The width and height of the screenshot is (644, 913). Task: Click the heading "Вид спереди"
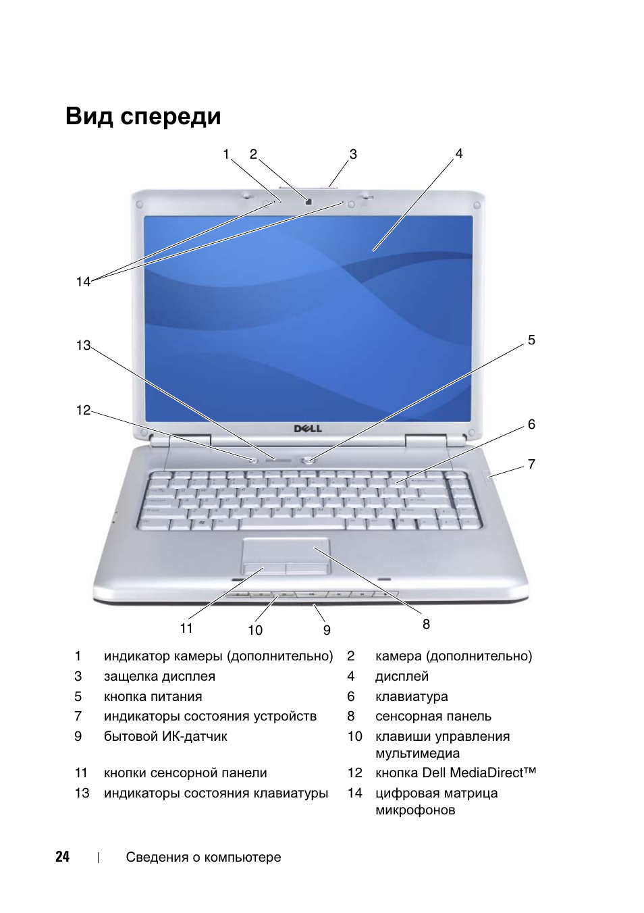click(x=143, y=117)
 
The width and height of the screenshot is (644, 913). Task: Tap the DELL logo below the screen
click(x=308, y=429)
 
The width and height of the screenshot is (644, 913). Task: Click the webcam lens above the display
click(x=308, y=201)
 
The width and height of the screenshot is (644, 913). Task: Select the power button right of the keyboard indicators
click(x=308, y=461)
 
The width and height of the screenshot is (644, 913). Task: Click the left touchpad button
click(x=265, y=569)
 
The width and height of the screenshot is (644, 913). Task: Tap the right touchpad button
click(x=308, y=569)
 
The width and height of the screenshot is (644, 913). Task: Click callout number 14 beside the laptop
click(x=83, y=282)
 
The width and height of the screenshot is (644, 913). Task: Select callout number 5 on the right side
click(x=531, y=340)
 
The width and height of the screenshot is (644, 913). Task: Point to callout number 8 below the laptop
click(x=426, y=624)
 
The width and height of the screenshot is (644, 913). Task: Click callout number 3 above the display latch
click(x=353, y=154)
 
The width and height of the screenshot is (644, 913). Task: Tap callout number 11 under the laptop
click(x=186, y=628)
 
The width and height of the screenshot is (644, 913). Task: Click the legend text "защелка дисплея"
click(x=159, y=677)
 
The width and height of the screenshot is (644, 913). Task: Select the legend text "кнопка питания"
click(x=153, y=697)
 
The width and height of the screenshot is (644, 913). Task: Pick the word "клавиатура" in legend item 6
click(x=411, y=697)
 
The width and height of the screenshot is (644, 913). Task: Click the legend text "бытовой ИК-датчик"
click(x=165, y=737)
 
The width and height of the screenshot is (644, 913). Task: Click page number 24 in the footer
click(x=62, y=857)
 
